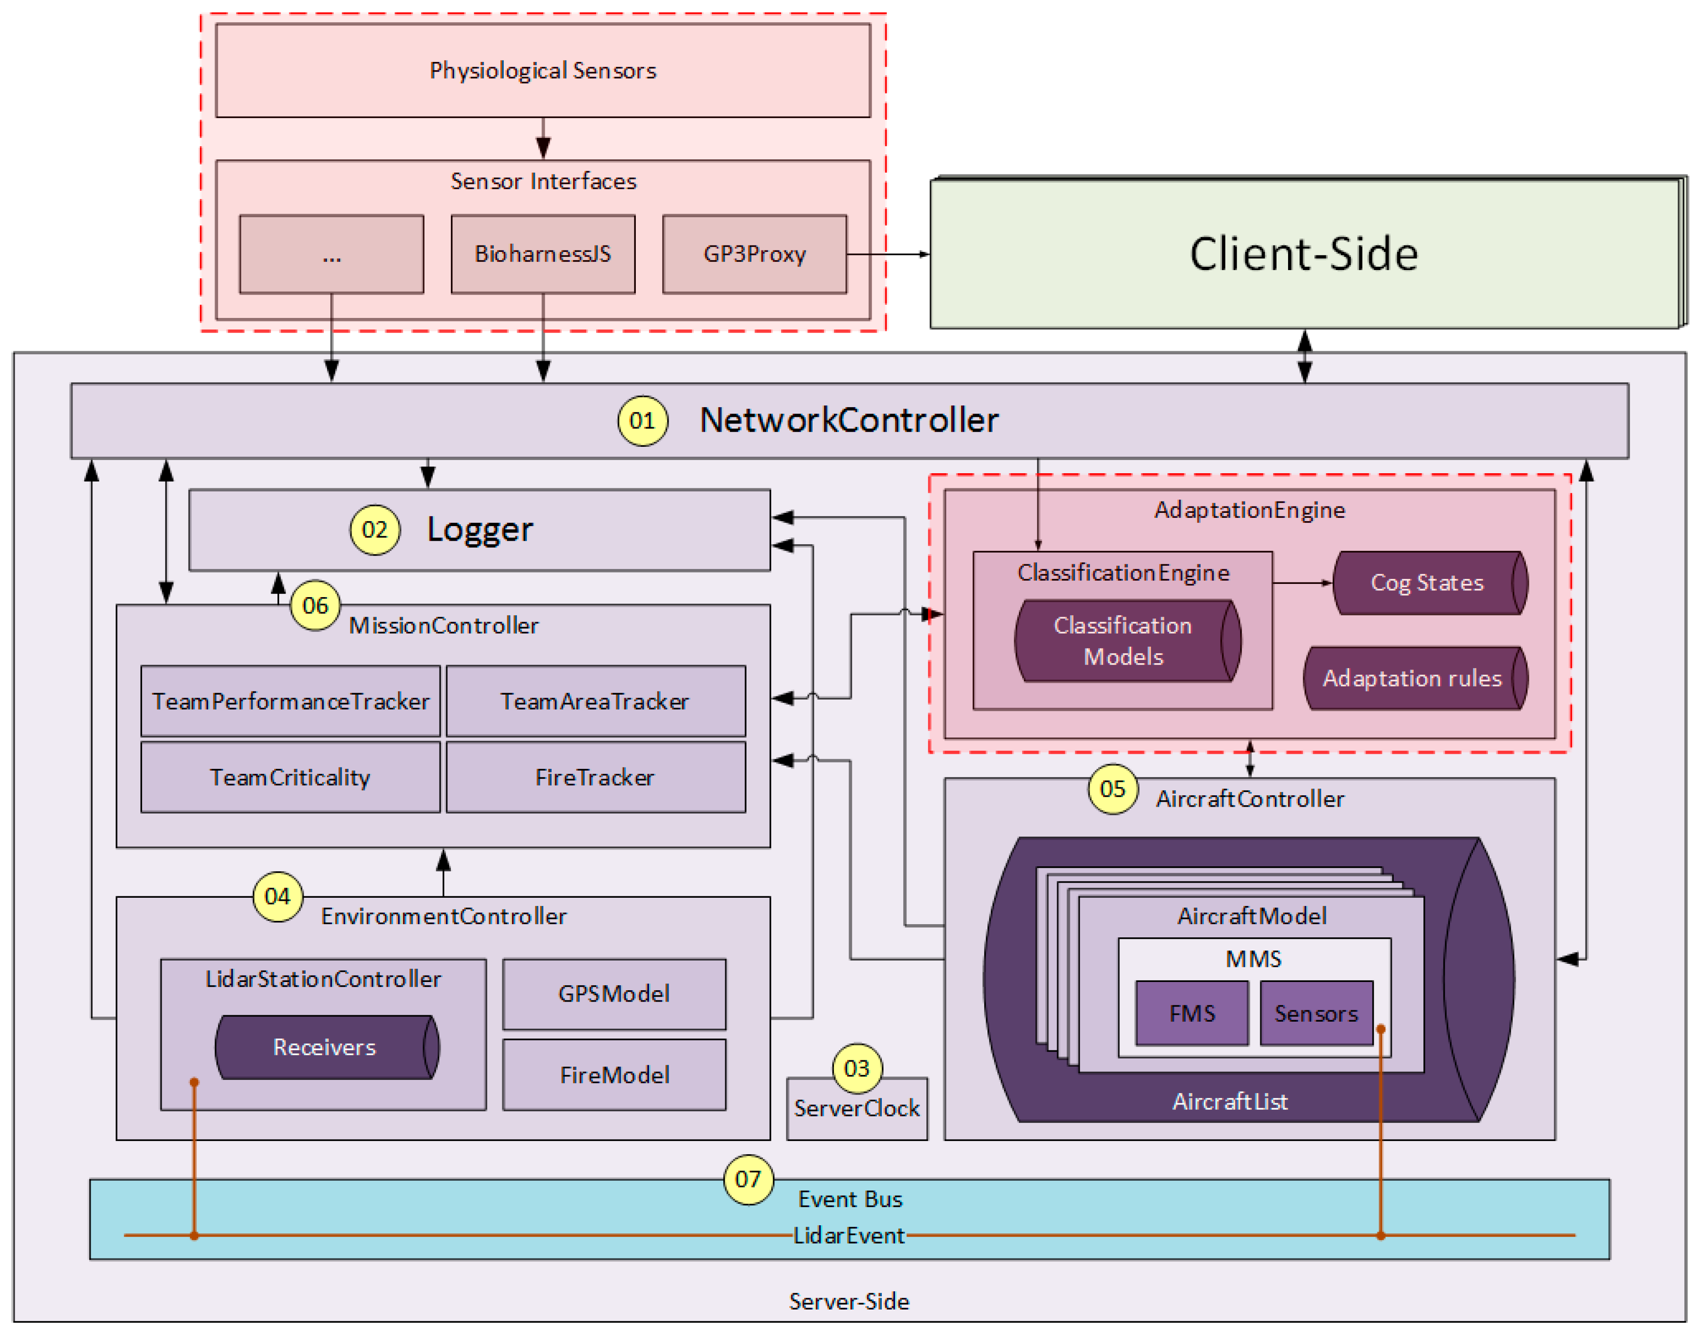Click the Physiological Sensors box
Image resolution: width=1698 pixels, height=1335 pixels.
(x=542, y=70)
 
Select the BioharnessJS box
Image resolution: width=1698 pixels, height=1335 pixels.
(x=542, y=254)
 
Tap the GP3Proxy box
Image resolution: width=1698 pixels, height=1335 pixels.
(x=754, y=254)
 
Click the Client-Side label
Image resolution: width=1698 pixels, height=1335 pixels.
(x=1304, y=254)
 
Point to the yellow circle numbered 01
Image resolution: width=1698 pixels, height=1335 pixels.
(x=642, y=420)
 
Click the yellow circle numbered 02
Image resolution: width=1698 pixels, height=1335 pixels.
(x=374, y=530)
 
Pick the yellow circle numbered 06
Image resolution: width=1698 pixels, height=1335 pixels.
(x=315, y=605)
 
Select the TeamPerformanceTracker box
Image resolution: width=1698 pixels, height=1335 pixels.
(x=290, y=701)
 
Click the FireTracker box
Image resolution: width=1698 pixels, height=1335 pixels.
(x=595, y=777)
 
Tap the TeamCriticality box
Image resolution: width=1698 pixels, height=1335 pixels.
(x=290, y=777)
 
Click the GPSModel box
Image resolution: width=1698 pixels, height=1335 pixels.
(x=614, y=993)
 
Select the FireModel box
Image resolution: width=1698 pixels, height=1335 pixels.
(x=614, y=1075)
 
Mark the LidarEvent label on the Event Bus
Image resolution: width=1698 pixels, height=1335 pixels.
(x=849, y=1235)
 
